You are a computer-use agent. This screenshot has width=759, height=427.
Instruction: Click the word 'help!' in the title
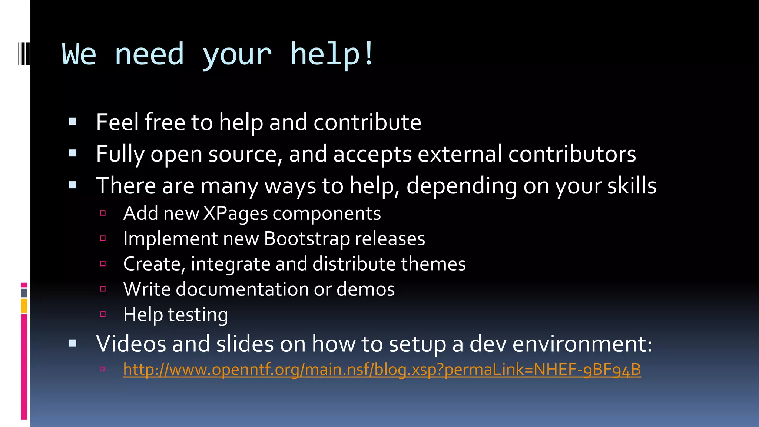coord(332,54)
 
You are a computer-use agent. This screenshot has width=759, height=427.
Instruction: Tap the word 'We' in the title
coord(79,54)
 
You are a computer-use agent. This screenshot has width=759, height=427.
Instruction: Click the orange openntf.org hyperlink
coord(382,370)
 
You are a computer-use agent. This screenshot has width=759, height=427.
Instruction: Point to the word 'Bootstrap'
coord(306,239)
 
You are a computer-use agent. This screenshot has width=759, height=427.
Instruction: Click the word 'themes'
coord(433,264)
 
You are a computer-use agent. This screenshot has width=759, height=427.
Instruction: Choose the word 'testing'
coord(198,315)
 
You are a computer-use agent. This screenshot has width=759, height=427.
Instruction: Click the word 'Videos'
coord(131,344)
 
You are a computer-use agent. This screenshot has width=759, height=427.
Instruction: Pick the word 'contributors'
coord(572,154)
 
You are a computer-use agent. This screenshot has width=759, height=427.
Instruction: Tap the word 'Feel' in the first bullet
coord(117,122)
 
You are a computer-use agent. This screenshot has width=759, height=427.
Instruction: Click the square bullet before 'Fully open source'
coord(73,153)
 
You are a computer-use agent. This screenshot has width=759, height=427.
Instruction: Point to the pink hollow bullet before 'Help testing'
coord(103,314)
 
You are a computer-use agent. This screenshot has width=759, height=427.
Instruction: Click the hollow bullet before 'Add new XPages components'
coord(103,213)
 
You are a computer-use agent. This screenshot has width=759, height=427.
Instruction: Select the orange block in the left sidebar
coord(24,306)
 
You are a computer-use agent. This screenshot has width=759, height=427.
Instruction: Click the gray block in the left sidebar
coord(24,293)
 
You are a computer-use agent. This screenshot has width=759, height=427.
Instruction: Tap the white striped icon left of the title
coord(24,54)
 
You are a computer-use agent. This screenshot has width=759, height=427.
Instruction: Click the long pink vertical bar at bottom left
coord(24,367)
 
